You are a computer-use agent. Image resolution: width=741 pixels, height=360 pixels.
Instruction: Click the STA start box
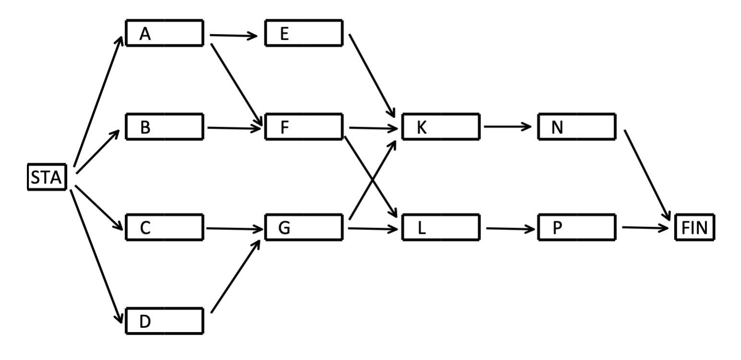tap(46, 178)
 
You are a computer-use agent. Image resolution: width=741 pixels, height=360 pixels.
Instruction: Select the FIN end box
tap(694, 227)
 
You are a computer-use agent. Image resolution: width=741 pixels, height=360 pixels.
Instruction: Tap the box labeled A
tap(164, 33)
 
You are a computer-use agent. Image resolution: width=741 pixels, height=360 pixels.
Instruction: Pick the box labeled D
tap(164, 321)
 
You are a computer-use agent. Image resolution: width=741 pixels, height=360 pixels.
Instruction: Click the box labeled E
tap(304, 33)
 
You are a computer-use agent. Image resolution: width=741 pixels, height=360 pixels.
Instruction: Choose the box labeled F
tap(304, 127)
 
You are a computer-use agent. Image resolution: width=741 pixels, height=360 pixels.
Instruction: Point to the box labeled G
tap(304, 228)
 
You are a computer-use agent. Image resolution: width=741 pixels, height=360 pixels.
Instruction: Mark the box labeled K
tap(441, 127)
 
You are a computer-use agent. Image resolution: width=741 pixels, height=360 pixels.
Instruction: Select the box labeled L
tap(441, 228)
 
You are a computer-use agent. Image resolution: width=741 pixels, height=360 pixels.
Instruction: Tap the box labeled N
tap(577, 127)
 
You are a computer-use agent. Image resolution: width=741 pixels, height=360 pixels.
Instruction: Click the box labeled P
tap(577, 228)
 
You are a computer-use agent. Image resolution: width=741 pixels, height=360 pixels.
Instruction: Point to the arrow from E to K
tap(371, 75)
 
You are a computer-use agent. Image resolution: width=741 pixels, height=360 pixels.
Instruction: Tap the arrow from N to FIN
tap(647, 175)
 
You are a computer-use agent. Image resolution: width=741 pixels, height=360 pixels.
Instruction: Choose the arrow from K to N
tap(508, 127)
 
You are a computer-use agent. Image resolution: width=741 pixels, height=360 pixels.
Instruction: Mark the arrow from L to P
tap(510, 228)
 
